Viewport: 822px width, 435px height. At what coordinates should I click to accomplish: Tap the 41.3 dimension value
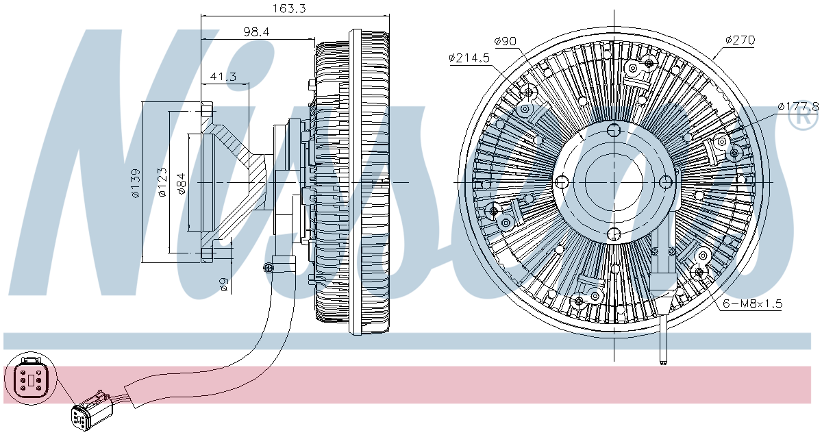(x=223, y=77)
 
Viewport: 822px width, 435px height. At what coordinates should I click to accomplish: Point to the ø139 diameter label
(x=136, y=183)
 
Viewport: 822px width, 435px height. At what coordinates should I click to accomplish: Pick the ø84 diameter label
(x=182, y=183)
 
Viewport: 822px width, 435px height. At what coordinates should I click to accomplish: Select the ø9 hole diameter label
(x=224, y=285)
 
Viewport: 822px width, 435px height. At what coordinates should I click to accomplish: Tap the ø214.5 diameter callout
(x=469, y=58)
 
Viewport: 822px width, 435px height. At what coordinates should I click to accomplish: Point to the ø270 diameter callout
(x=740, y=40)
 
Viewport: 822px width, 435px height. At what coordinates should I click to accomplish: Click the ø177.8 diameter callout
(x=798, y=106)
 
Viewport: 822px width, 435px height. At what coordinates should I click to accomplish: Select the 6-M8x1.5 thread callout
(x=751, y=303)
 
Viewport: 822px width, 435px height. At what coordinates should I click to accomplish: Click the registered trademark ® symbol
(x=804, y=119)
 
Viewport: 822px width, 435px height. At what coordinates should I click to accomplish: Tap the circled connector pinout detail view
(x=27, y=378)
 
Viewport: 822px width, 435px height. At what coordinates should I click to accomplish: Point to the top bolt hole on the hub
(x=614, y=130)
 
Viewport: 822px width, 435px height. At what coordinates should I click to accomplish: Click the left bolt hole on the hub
(x=562, y=182)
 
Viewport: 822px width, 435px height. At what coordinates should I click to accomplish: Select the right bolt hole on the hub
(x=666, y=182)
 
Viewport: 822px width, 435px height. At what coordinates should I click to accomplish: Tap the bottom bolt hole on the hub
(x=614, y=234)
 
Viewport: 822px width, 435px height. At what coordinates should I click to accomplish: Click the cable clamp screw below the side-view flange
(x=268, y=268)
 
